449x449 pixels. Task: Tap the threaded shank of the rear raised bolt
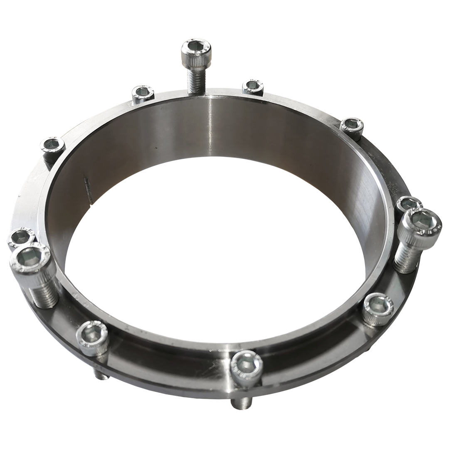click(x=194, y=80)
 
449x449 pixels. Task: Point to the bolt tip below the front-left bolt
click(x=100, y=375)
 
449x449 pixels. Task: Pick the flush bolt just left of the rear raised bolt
click(x=143, y=93)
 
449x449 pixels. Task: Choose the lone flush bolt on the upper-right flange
click(x=352, y=126)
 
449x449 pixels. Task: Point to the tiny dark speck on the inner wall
click(x=155, y=147)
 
